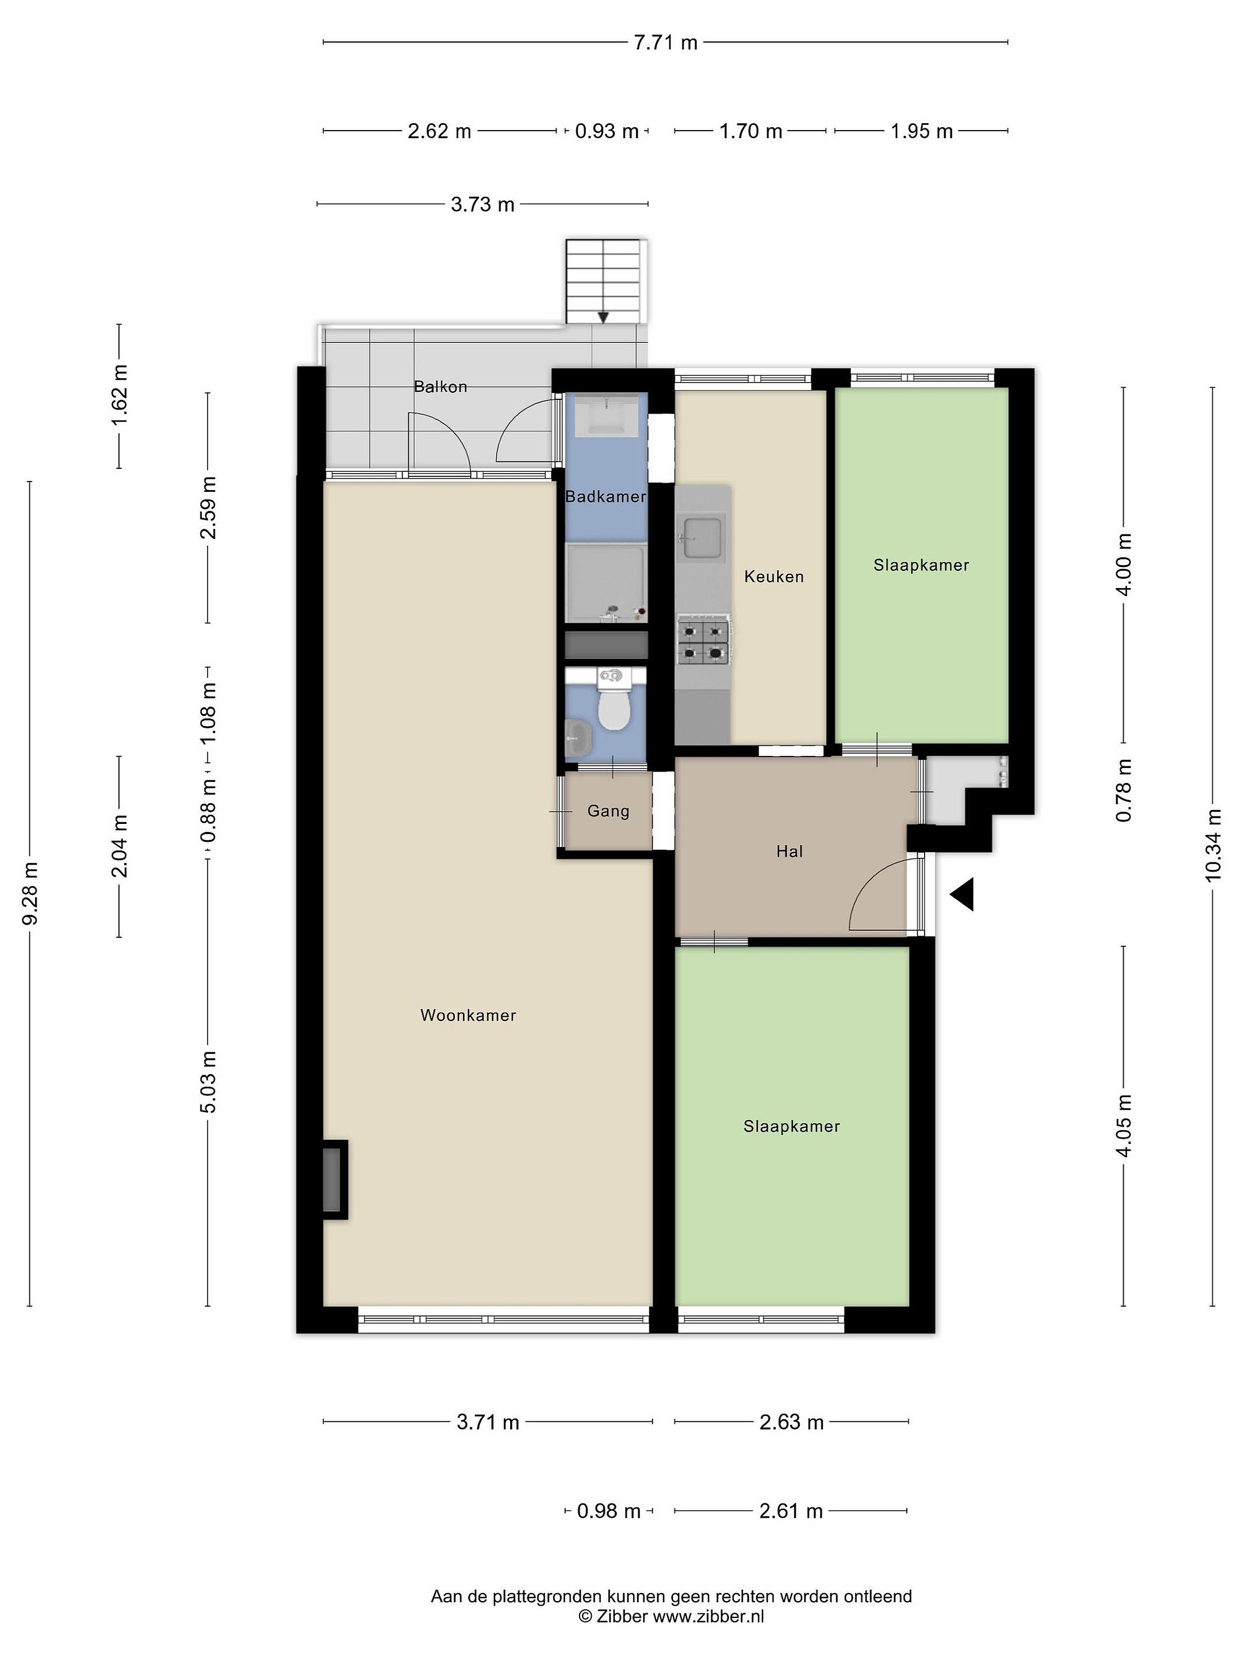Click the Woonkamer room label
(468, 1015)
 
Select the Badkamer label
(605, 496)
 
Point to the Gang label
(608, 811)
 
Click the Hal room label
(790, 851)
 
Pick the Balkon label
(441, 387)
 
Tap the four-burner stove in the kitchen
(703, 640)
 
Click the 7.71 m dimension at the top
(665, 43)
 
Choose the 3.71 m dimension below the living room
(488, 1422)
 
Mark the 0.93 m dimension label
(607, 132)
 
